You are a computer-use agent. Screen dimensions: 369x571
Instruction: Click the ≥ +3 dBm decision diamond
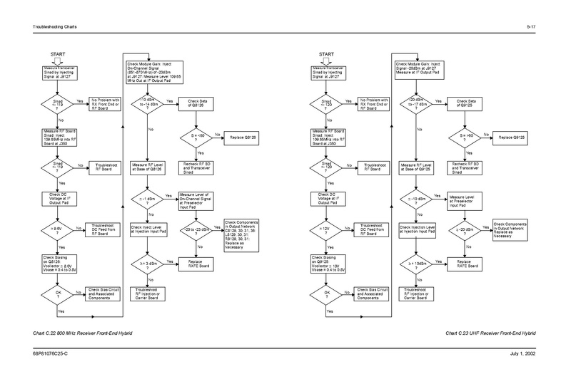point(146,263)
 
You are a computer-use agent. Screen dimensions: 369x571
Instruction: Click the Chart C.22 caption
point(75,332)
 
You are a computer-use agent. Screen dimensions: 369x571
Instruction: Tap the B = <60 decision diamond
point(196,135)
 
